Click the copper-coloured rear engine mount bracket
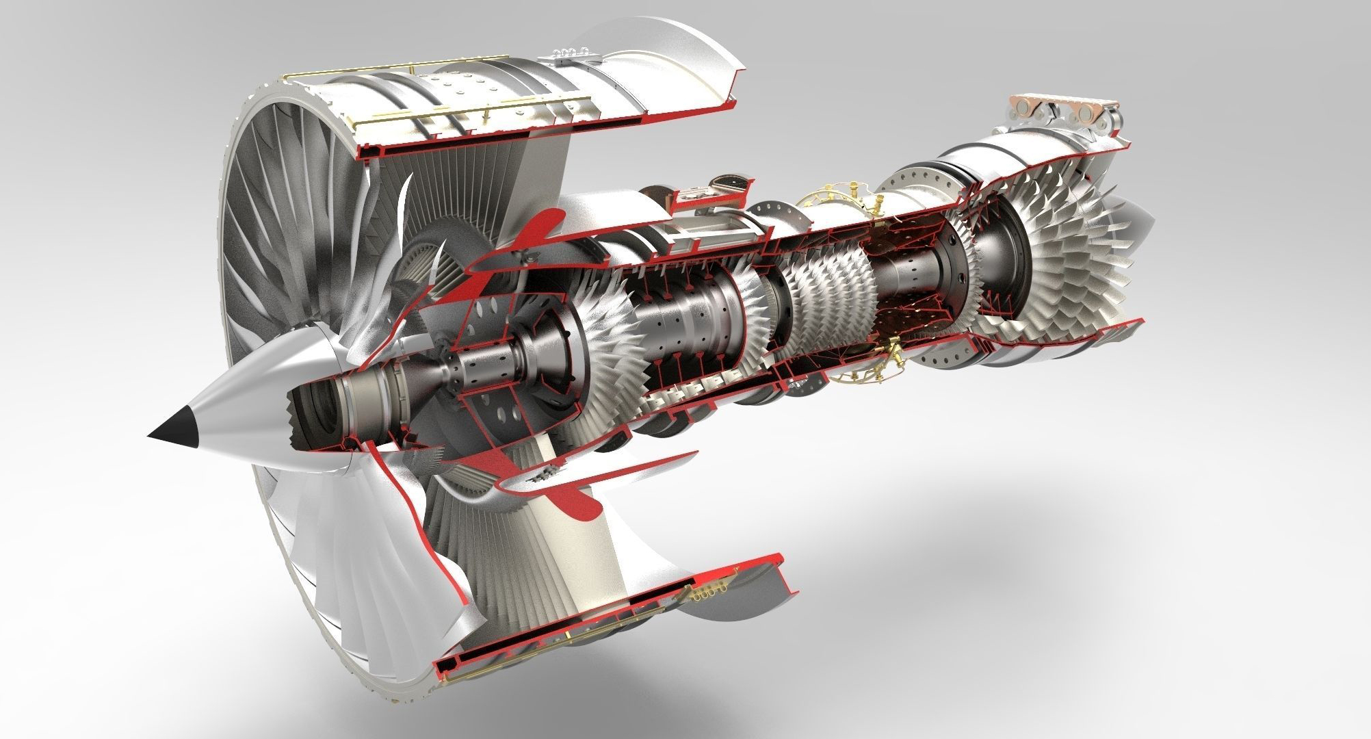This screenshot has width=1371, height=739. click(x=1064, y=112)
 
